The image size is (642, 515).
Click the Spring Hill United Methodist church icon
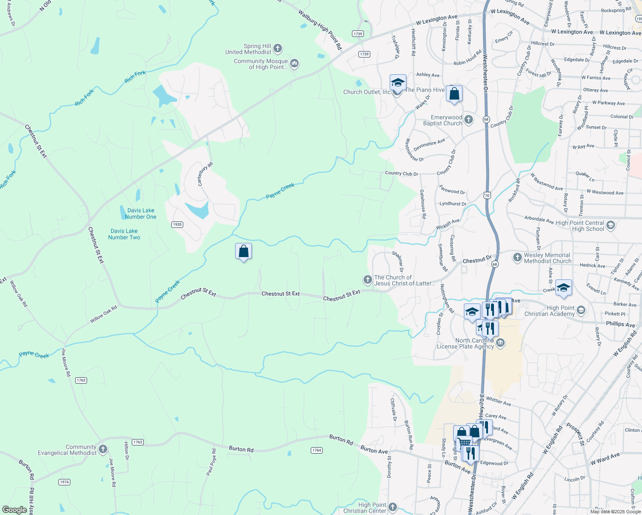[x=278, y=48]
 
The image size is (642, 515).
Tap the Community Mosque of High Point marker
[x=294, y=64]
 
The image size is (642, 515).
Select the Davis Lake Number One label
[x=141, y=214]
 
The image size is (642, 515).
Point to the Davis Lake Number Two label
[x=124, y=234]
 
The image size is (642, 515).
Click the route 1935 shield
[x=177, y=224]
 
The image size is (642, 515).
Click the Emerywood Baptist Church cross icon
[x=469, y=120]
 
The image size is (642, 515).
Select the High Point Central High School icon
[x=611, y=225]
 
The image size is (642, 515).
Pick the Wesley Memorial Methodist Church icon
[x=517, y=257]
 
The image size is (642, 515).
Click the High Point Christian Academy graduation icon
[x=581, y=310]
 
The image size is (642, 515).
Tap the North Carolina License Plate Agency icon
[x=500, y=343]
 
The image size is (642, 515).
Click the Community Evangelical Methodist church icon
[x=103, y=449]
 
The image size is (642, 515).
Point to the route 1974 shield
[x=64, y=482]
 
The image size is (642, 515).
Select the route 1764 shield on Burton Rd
[x=316, y=450]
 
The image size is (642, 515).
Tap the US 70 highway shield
[x=487, y=196]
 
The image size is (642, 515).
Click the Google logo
[x=14, y=510]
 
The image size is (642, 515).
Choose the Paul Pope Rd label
[x=211, y=462]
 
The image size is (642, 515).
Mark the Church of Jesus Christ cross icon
[x=367, y=280]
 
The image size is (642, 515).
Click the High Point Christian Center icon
[x=392, y=507]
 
